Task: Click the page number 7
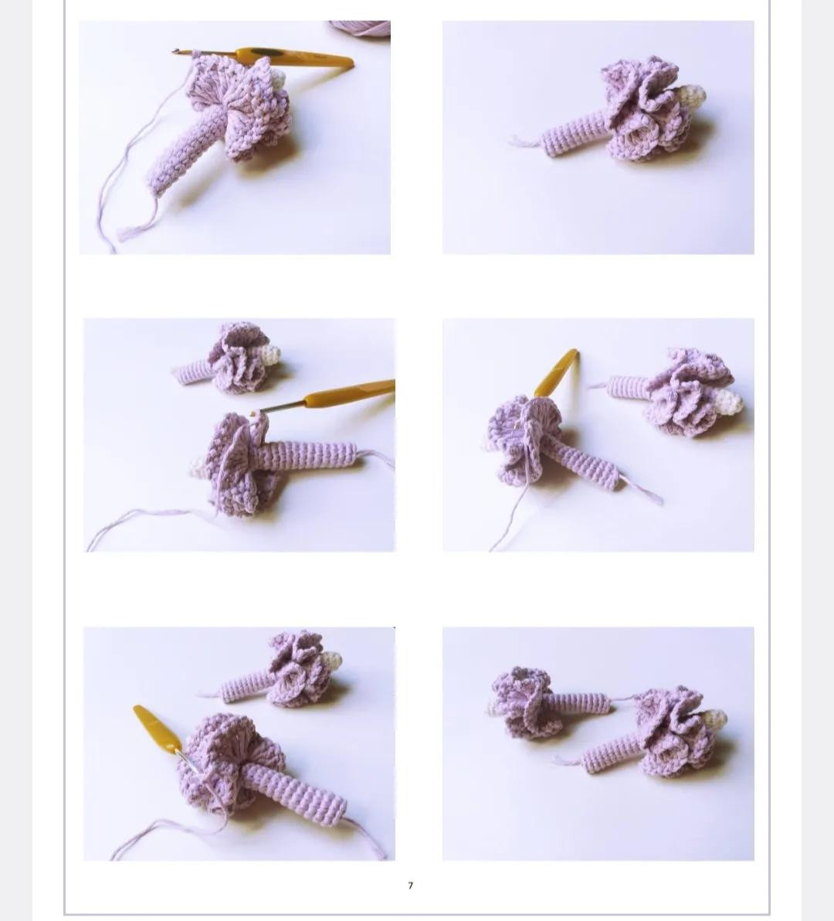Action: click(410, 885)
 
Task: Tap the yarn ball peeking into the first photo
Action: click(361, 28)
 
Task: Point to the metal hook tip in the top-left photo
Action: click(177, 53)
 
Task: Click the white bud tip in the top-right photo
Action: click(690, 97)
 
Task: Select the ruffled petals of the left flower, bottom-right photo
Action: click(521, 699)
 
